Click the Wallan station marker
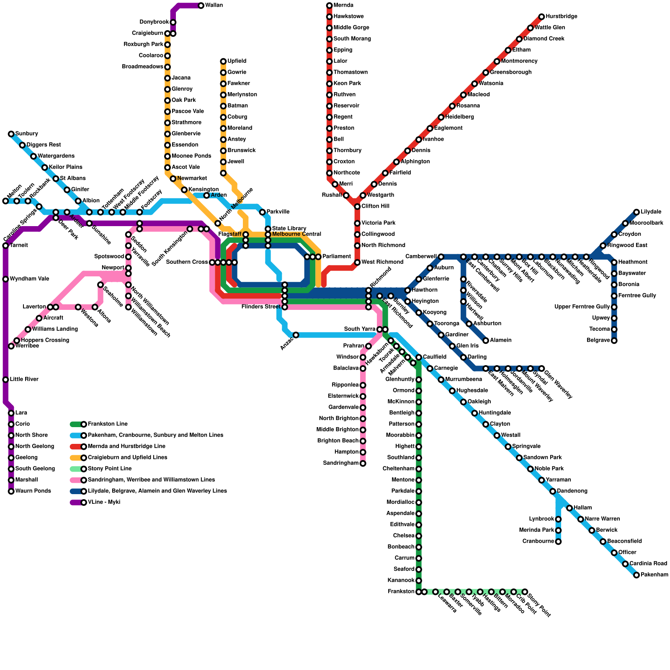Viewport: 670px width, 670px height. [x=201, y=5]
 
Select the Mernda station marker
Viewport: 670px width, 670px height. [x=329, y=5]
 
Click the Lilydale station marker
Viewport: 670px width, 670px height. [x=636, y=212]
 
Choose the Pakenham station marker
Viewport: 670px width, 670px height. [x=636, y=575]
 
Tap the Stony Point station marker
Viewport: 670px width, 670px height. [x=525, y=592]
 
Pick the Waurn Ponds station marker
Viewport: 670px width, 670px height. [x=11, y=491]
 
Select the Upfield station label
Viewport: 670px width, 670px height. [x=237, y=61]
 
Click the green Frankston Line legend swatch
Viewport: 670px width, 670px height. [x=77, y=424]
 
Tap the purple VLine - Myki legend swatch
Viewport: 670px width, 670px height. [x=77, y=502]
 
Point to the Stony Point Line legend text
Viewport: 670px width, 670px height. [x=110, y=469]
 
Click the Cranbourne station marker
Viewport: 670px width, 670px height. [x=558, y=541]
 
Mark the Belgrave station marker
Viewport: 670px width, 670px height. [x=614, y=340]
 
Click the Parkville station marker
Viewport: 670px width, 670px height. [x=262, y=212]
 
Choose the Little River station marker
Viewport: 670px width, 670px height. [x=5, y=380]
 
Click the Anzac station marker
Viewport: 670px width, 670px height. [x=296, y=335]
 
